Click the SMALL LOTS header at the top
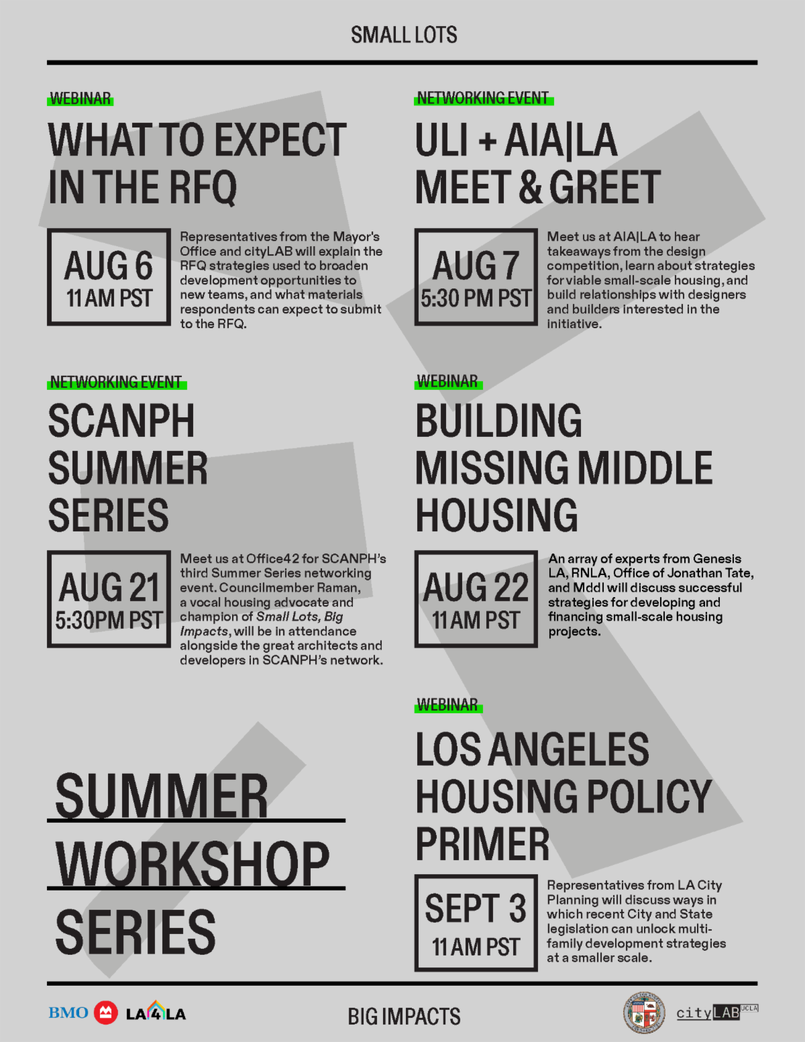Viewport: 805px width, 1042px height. pos(404,35)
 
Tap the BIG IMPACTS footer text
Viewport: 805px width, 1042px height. pos(404,1016)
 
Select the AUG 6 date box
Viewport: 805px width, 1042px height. pos(109,277)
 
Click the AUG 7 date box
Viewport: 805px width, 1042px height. pos(476,277)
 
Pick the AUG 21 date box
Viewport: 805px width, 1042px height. pos(109,599)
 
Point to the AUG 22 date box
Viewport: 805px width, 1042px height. pos(476,599)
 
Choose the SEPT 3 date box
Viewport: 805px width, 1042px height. pos(476,923)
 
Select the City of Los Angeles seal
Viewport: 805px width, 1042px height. pos(643,1012)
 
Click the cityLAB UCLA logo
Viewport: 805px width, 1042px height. pos(716,1012)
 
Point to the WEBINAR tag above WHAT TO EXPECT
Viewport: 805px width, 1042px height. pos(80,99)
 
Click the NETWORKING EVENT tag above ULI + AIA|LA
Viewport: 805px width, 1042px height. pos(484,98)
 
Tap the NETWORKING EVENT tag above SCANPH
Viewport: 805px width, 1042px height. pos(117,382)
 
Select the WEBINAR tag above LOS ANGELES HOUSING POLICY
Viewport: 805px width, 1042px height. pos(448,705)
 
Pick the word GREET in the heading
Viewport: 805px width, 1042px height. pos(605,187)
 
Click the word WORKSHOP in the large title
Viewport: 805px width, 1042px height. pos(193,864)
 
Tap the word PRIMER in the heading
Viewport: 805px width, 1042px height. pos(482,845)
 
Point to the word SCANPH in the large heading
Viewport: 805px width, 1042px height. pos(121,421)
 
